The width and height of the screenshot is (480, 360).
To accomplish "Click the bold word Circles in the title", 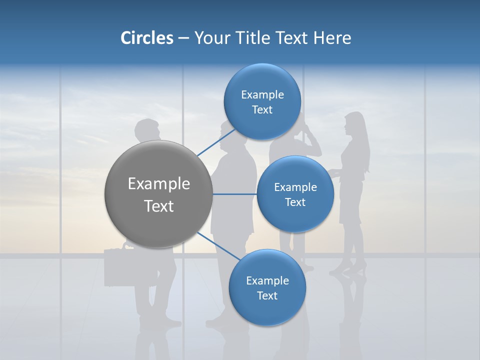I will [x=146, y=38].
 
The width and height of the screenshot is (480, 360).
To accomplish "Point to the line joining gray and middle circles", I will [x=234, y=194].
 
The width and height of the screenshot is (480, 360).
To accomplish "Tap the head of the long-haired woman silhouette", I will [x=354, y=125].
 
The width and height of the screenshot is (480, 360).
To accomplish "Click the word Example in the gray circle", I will [x=158, y=184].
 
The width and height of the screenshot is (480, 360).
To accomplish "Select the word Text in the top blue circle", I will [x=262, y=110].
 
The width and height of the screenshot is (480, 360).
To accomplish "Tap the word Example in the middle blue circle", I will [x=295, y=187].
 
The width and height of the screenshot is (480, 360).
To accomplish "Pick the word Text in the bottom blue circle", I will [x=267, y=295].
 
